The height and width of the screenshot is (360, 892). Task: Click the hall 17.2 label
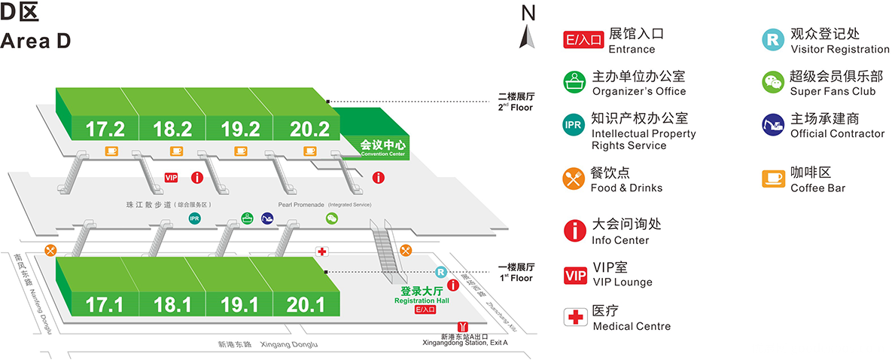(105, 128)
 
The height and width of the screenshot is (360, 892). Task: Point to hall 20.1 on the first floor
(305, 305)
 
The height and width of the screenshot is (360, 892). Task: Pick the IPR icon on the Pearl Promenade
(195, 219)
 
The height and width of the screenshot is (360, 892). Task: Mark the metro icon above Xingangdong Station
(464, 326)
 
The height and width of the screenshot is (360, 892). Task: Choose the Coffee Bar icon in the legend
(773, 178)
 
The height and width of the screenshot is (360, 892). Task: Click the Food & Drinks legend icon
(576, 178)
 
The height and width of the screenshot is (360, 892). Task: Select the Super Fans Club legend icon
(773, 82)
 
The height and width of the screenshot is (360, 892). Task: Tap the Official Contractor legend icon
(773, 125)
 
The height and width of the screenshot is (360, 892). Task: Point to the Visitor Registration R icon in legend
(773, 40)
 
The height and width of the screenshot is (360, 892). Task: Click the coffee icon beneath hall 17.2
(111, 151)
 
